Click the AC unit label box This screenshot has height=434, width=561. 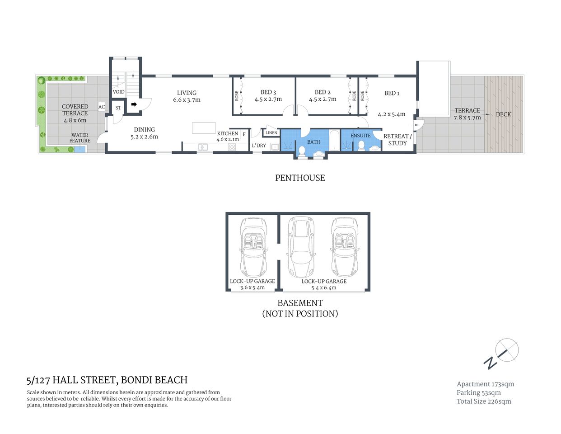pyautogui.click(x=102, y=107)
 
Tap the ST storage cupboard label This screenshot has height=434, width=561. pyautogui.click(x=118, y=108)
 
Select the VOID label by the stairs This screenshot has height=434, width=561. pyautogui.click(x=118, y=92)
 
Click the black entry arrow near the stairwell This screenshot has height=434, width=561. pyautogui.click(x=134, y=104)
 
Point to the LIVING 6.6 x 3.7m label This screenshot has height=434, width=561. pyautogui.click(x=187, y=96)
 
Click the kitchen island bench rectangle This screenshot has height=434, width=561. pyautogui.click(x=204, y=128)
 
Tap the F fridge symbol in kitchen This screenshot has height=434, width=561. pyautogui.click(x=244, y=134)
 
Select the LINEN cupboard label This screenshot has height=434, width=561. pyautogui.click(x=271, y=133)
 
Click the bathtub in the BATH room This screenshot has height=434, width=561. pyautogui.click(x=334, y=141)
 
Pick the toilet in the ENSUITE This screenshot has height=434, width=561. pyautogui.click(x=361, y=145)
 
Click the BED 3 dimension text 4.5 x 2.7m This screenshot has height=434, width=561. pyautogui.click(x=268, y=99)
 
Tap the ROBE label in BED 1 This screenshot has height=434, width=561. pyautogui.click(x=362, y=96)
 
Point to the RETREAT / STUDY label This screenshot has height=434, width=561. pyautogui.click(x=397, y=140)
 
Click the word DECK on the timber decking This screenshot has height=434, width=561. pyautogui.click(x=503, y=114)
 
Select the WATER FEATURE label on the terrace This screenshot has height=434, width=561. pyautogui.click(x=80, y=138)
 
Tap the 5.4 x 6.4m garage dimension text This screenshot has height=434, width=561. pyautogui.click(x=324, y=288)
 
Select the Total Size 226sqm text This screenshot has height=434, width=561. pyautogui.click(x=484, y=401)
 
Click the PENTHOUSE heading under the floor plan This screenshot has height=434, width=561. pyautogui.click(x=300, y=178)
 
